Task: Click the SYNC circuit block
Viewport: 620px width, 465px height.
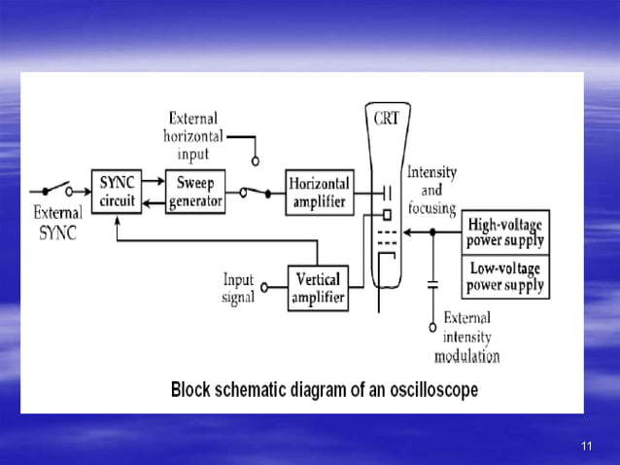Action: (117, 191)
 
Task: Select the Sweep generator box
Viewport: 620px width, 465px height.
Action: (195, 191)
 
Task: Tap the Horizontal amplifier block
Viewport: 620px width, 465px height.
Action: (320, 191)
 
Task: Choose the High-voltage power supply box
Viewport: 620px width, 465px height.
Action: (505, 232)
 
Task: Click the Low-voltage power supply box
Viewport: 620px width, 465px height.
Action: (505, 277)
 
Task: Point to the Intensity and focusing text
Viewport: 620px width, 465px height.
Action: (431, 190)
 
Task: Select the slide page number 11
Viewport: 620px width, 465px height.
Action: (586, 446)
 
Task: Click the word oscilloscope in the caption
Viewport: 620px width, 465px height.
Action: (427, 391)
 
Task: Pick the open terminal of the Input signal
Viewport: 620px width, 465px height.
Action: (263, 289)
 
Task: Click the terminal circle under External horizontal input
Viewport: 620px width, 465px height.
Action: (256, 161)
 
